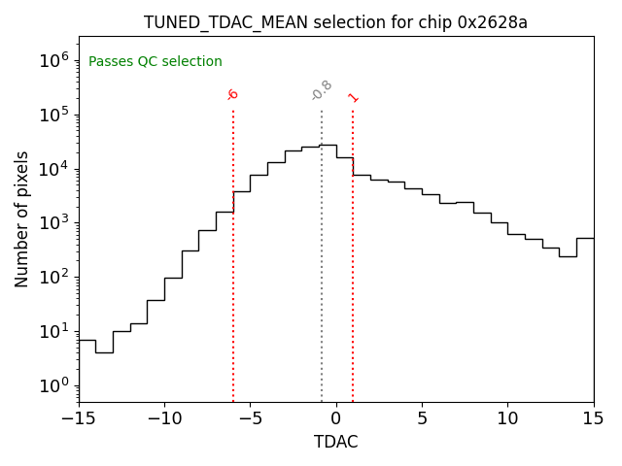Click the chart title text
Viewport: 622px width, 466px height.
coord(335,22)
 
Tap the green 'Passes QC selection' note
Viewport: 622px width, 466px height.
coord(155,62)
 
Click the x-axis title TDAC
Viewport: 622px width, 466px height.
coord(335,442)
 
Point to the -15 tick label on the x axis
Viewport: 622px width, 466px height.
coord(79,418)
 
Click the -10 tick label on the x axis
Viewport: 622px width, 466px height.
coord(164,418)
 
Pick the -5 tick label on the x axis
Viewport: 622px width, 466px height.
coord(250,418)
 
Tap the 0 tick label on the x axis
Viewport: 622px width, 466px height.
coord(336,418)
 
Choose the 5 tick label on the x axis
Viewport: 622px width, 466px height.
coord(422,418)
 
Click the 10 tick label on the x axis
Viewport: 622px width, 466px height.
coord(507,418)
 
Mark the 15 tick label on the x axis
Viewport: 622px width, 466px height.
coord(593,418)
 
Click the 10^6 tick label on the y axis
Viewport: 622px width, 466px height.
coord(54,60)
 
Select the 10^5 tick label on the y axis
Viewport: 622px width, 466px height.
coord(54,115)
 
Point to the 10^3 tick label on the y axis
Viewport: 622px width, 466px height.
coord(54,222)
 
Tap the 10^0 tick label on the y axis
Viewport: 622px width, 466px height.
coord(54,385)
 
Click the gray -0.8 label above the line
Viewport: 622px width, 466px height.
coord(322,90)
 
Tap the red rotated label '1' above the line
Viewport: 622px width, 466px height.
coord(353,97)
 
